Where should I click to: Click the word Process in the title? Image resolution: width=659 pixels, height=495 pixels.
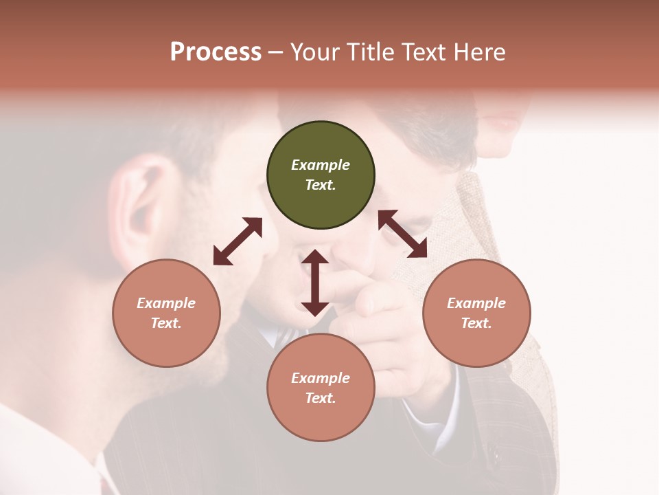coord(216,52)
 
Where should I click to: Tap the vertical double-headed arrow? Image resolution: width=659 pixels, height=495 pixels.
coord(315,283)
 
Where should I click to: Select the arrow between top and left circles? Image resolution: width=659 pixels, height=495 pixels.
coord(238,241)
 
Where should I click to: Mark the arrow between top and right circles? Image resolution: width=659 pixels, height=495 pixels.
coord(402,234)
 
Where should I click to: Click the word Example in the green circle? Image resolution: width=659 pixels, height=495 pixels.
coord(321,165)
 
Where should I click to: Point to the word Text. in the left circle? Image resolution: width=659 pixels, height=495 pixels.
coord(166,323)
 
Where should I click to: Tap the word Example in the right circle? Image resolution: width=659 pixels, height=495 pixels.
coord(476,303)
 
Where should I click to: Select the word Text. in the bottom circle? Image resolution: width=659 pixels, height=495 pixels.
coord(321,398)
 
